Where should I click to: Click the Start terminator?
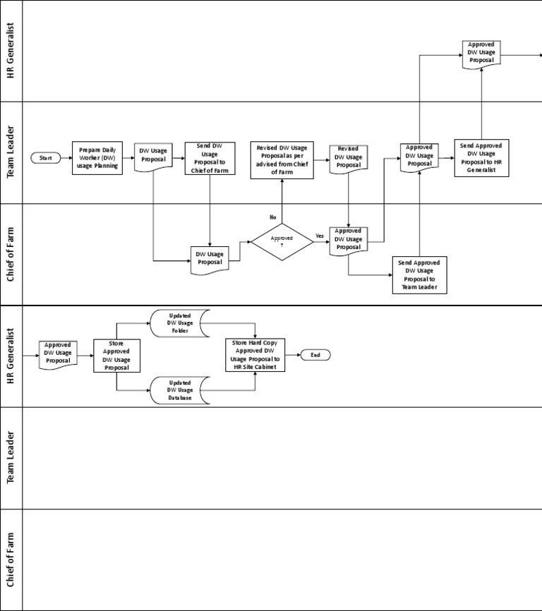pos(45,158)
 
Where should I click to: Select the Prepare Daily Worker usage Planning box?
pos(97,158)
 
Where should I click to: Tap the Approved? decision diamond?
pos(282,241)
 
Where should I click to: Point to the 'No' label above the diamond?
pos(272,217)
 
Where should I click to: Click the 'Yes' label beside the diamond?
pos(319,236)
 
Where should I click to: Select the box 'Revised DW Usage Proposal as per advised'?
pos(282,160)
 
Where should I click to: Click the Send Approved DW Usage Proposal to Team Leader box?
pos(419,274)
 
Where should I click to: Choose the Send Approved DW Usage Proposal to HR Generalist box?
pos(481,158)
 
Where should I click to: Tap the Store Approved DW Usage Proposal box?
pos(116,356)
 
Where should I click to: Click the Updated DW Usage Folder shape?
pos(179,322)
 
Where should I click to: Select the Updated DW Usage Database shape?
pos(179,390)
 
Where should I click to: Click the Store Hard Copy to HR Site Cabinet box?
pos(255,355)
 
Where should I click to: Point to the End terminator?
pos(315,355)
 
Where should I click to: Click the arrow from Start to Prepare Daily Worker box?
pos(66,158)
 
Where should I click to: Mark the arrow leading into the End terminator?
pos(293,355)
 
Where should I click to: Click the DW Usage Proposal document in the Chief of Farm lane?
pos(210,259)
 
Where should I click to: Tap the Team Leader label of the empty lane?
pos(11,458)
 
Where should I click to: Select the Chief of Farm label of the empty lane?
pos(11,559)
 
